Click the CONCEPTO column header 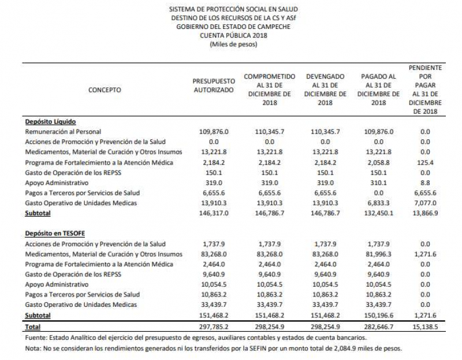pyautogui.click(x=105, y=90)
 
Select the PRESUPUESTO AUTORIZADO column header pyautogui.click(x=214, y=86)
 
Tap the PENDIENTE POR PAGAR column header pyautogui.click(x=425, y=90)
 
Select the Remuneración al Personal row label pyautogui.click(x=64, y=132)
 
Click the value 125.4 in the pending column pyautogui.click(x=425, y=162)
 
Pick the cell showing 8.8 pyautogui.click(x=425, y=183)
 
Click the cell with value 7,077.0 pyautogui.click(x=425, y=203)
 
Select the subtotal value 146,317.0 pyautogui.click(x=214, y=213)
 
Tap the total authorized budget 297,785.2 pyautogui.click(x=214, y=326)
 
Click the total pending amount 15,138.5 pyautogui.click(x=425, y=326)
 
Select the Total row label pyautogui.click(x=33, y=326)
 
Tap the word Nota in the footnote pyautogui.click(x=33, y=348)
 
